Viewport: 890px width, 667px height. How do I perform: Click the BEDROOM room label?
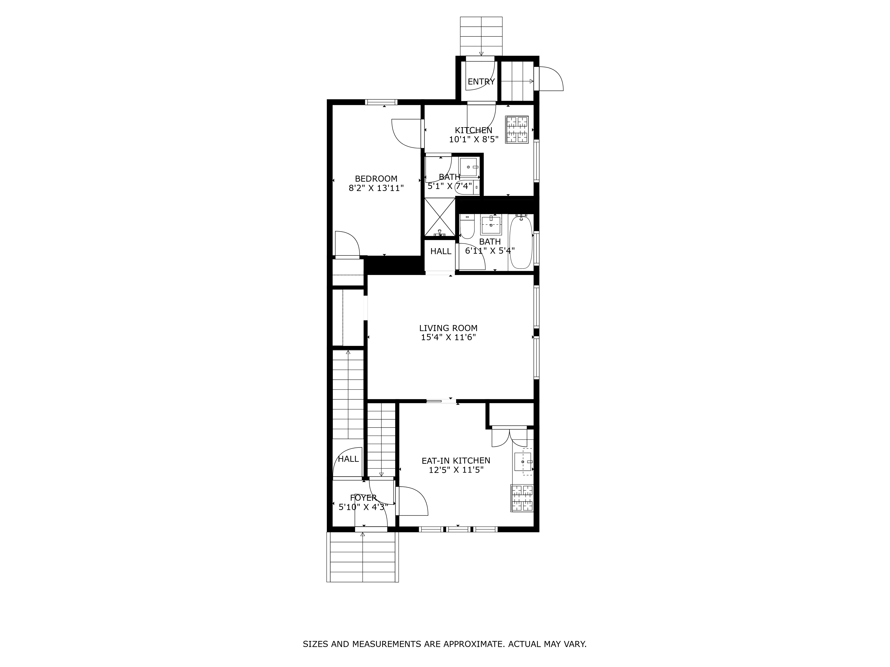click(376, 179)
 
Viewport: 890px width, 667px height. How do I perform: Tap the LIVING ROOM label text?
click(448, 328)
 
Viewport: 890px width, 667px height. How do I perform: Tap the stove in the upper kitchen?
click(517, 130)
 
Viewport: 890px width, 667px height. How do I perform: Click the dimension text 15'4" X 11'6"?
click(448, 337)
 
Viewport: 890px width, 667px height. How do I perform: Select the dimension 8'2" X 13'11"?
click(376, 188)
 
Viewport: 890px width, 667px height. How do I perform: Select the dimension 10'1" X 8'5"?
click(473, 139)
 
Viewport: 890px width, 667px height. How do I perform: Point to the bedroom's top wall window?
click(381, 102)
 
